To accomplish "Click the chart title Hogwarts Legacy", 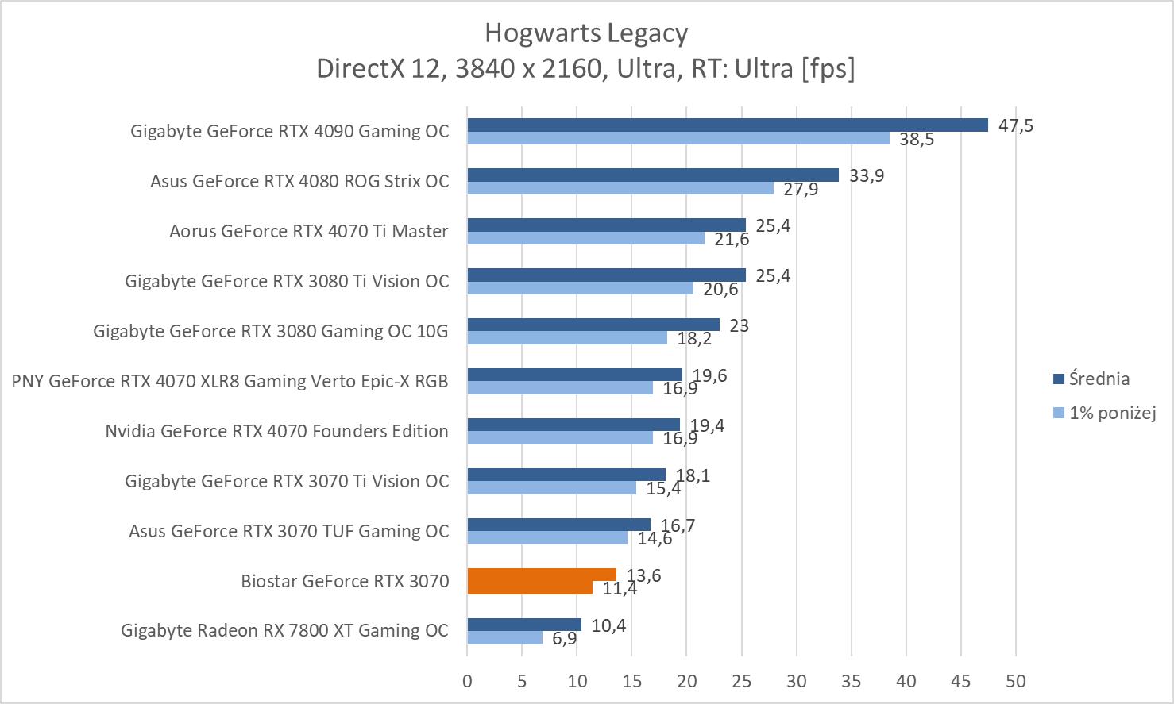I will click(586, 33).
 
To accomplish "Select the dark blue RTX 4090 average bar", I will click(727, 125).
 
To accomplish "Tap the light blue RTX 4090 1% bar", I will click(678, 138).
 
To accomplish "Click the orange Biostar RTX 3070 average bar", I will click(541, 574).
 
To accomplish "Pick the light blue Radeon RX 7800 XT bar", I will click(504, 637).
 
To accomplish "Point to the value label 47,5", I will click(1016, 125).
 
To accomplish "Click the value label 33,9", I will click(867, 175).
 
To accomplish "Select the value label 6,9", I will click(564, 639).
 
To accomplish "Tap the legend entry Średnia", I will click(1099, 379).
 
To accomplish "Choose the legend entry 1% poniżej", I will click(1111, 413).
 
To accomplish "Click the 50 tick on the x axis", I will click(1015, 681).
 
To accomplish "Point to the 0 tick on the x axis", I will click(467, 681).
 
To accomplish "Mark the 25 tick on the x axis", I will click(741, 681).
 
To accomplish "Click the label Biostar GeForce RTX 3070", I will click(345, 581).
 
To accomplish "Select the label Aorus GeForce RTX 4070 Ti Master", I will click(308, 231).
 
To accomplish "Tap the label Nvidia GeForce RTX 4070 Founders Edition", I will click(276, 431).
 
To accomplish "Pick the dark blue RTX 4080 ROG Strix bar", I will click(653, 175).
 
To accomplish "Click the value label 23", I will click(739, 325).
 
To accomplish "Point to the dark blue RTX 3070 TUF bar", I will click(558, 524).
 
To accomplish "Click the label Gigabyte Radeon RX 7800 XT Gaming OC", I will click(284, 630).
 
